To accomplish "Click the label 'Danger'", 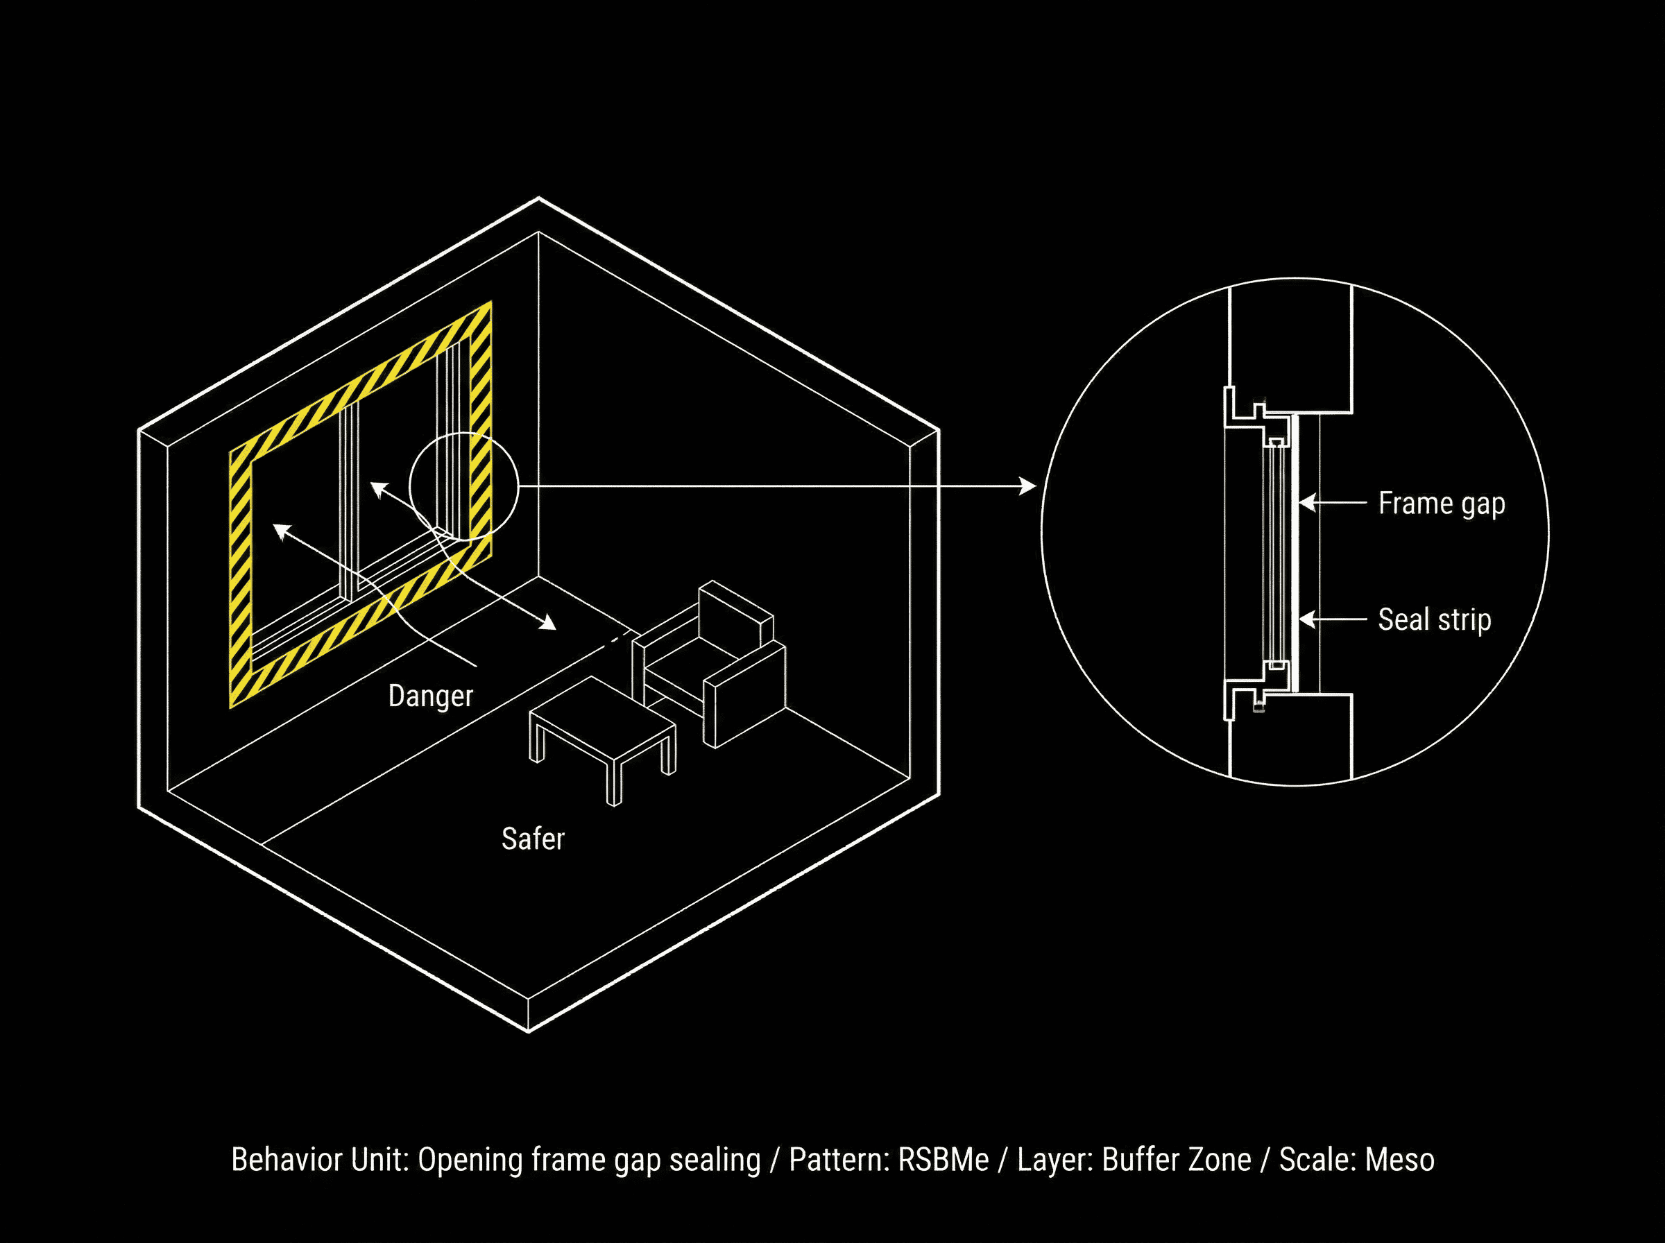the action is [x=430, y=696].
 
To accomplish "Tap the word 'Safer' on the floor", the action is [x=533, y=839].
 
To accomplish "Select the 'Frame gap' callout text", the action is [x=1441, y=504].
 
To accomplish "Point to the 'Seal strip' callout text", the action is [x=1434, y=620].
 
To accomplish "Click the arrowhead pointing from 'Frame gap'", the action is [x=1307, y=503].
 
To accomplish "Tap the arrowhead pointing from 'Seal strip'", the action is [x=1307, y=620].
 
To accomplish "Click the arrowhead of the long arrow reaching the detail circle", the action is [x=1027, y=486].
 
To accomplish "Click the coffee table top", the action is [x=602, y=719].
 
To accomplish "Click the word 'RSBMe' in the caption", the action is [x=943, y=1160].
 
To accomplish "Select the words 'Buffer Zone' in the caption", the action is [x=1176, y=1160].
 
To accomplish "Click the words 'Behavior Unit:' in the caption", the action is [x=320, y=1160].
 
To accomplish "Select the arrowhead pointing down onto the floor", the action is [x=549, y=624].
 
